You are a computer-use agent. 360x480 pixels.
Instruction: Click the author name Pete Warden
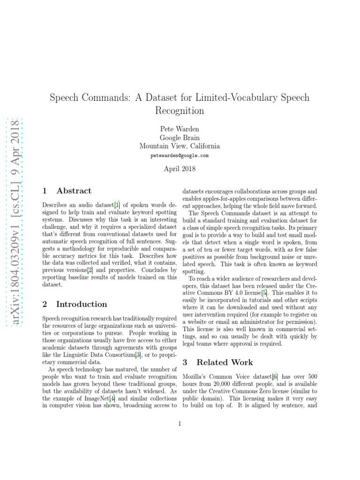point(180,129)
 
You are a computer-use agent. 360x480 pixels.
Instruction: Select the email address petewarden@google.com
point(180,155)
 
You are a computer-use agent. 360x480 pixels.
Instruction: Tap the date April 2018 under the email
point(180,168)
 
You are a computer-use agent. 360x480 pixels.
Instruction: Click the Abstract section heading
point(74,191)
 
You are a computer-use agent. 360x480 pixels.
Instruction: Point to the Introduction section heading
point(81,304)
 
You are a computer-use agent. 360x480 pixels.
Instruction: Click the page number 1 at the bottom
point(180,424)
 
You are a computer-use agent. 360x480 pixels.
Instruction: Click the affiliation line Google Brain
point(180,137)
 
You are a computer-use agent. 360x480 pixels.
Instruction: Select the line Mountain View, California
point(180,146)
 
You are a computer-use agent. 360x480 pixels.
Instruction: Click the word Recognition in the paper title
point(180,111)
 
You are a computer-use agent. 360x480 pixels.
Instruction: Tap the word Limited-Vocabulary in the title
point(225,97)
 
